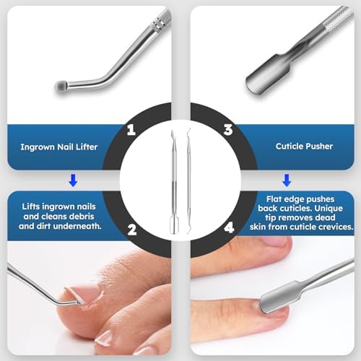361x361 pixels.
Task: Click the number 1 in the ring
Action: tap(131, 130)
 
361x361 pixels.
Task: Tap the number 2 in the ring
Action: tap(131, 230)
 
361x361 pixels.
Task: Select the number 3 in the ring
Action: tap(227, 130)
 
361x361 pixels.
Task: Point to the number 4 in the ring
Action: tap(228, 230)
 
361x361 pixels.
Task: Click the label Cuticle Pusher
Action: tap(304, 146)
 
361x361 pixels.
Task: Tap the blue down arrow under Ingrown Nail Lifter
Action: tap(69, 179)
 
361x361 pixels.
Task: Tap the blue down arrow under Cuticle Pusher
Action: tap(287, 179)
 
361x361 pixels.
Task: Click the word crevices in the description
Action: tap(331, 226)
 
